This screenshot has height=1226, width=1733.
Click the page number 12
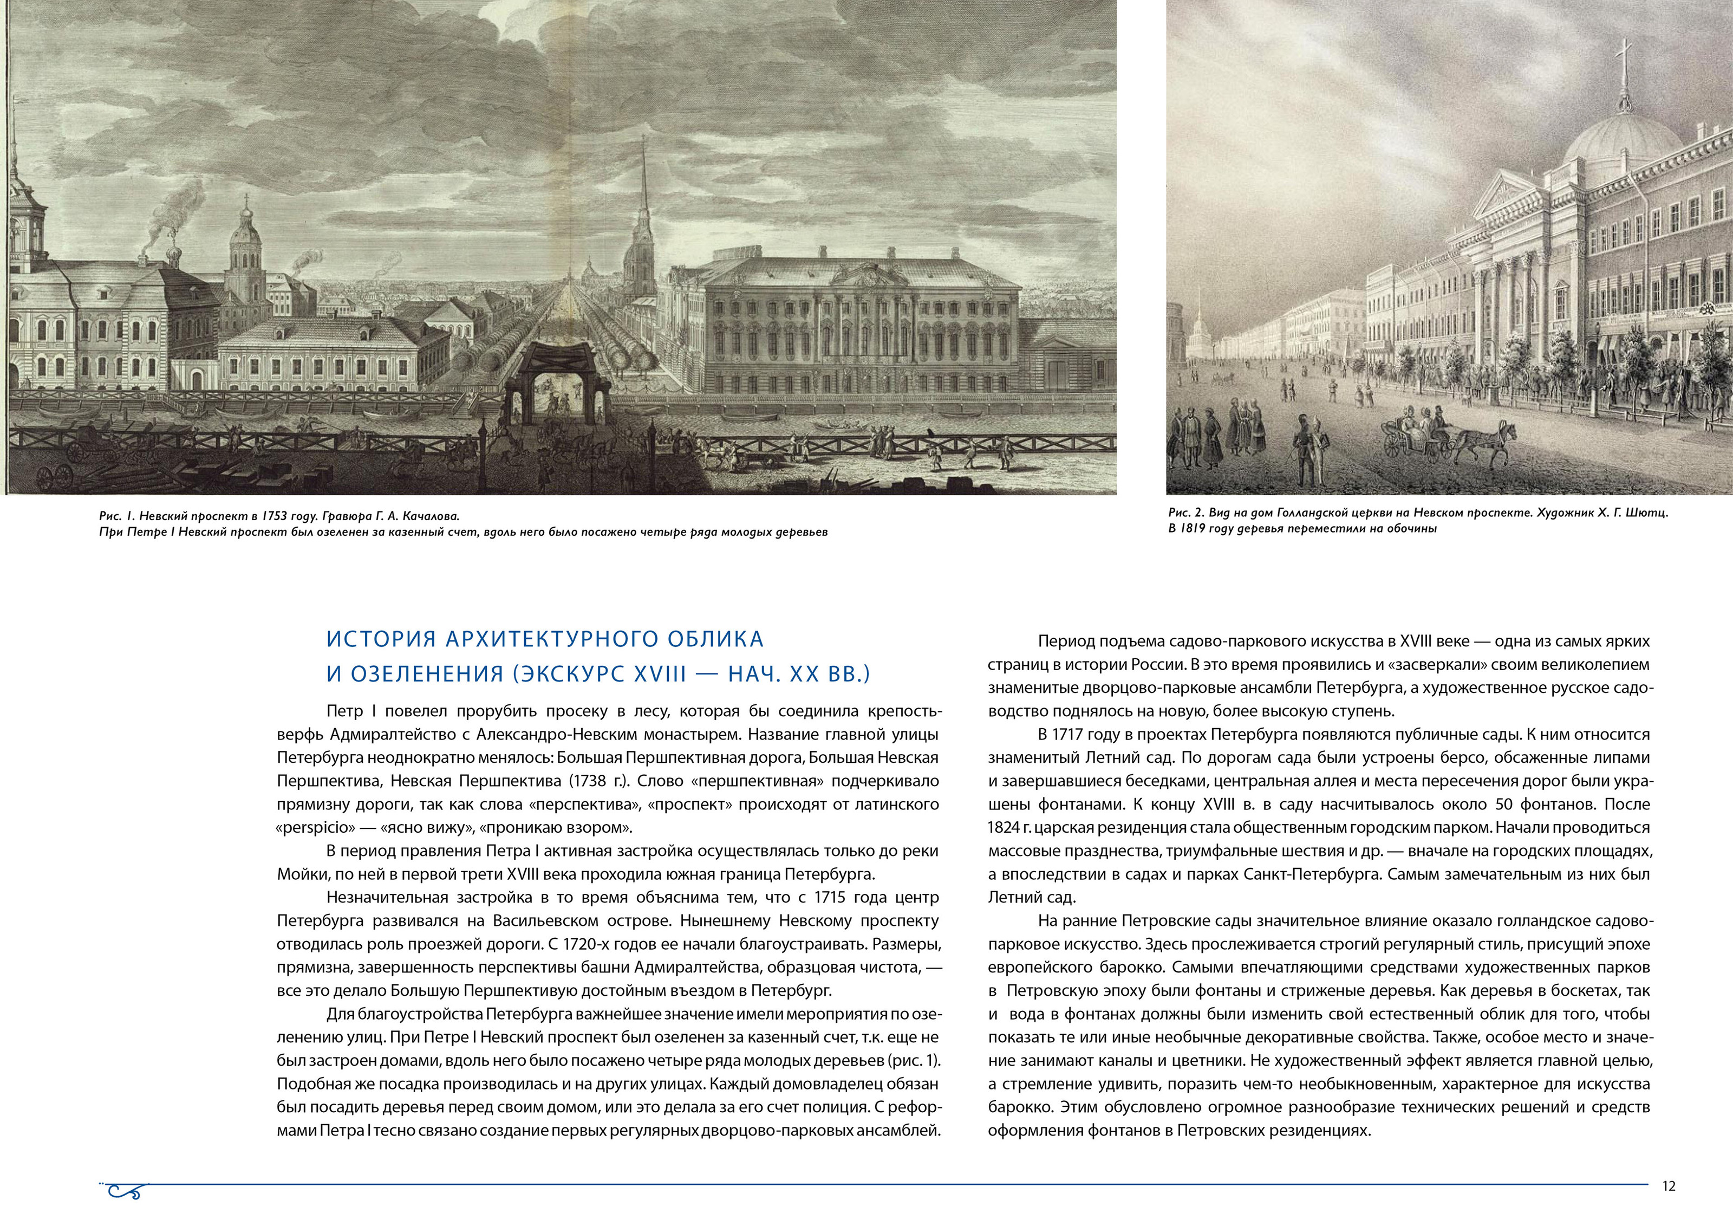click(1668, 1186)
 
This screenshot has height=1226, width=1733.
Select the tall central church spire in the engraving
click(643, 204)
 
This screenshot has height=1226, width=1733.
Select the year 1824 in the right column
click(1005, 827)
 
